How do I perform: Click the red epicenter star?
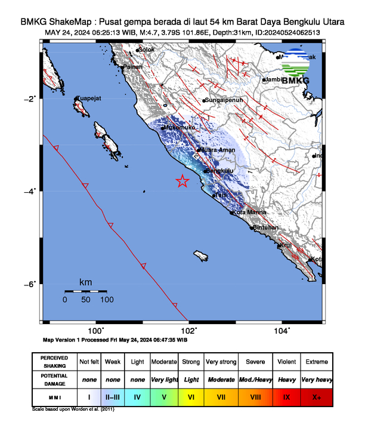(182, 181)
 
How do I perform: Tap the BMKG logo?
(296, 67)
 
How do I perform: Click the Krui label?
(285, 244)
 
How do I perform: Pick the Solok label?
(146, 50)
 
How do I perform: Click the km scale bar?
(89, 291)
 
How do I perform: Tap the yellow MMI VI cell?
(191, 396)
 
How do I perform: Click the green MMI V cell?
(165, 396)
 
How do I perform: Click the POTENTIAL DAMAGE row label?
(54, 378)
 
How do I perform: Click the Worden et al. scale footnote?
(73, 409)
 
